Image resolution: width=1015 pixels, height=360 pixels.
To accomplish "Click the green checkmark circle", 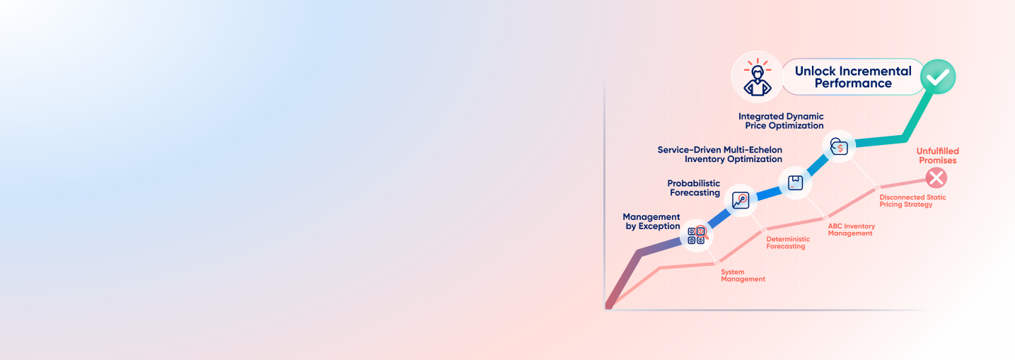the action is (938, 77).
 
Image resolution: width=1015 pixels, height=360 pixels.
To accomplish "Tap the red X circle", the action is (936, 178).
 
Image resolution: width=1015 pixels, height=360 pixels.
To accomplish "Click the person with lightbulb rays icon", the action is (757, 77).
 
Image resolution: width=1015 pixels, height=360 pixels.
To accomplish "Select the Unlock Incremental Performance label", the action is (853, 77).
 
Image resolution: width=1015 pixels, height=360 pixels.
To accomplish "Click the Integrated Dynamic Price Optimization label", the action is (781, 121).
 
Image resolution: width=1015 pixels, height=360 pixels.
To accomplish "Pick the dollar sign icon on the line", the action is (839, 146).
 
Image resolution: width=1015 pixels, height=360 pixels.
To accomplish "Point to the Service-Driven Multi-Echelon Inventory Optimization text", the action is (720, 154).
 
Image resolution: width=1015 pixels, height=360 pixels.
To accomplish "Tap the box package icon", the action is (795, 182).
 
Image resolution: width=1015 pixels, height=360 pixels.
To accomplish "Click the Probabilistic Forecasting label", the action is (694, 188).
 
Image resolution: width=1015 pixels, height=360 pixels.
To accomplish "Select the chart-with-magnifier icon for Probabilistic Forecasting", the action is (741, 200).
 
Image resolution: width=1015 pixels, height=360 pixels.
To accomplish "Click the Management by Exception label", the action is (651, 221).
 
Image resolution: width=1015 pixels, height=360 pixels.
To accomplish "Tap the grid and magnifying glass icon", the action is (697, 236).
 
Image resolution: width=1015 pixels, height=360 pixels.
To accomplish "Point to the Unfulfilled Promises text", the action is (937, 156).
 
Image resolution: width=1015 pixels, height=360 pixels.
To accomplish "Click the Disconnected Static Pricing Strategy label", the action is (912, 201).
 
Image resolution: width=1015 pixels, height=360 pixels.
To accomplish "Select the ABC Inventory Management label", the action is (852, 230).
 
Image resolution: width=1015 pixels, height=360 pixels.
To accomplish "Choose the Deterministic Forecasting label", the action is (788, 243).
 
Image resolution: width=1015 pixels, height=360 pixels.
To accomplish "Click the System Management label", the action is (743, 275).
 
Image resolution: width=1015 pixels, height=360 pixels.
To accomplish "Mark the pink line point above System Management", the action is (717, 263).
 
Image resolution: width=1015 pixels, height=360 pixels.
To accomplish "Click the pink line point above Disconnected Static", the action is (877, 188).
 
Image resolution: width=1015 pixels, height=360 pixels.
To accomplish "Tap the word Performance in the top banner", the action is (853, 83).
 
